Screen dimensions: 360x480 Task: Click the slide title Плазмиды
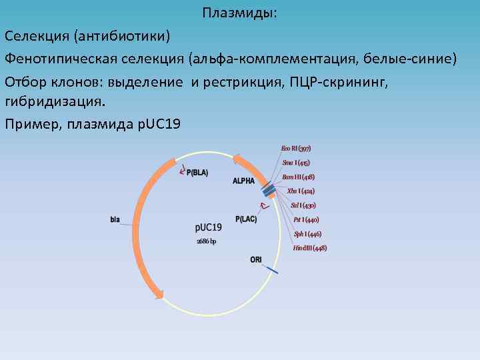[241, 13]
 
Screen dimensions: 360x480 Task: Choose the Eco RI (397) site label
[296, 148]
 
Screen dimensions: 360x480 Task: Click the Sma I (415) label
[295, 163]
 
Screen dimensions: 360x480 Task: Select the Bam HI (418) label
[299, 177]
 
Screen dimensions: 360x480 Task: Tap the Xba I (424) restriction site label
[300, 191]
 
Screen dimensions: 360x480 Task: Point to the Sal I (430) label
[303, 205]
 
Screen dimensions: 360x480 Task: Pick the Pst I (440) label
[306, 219]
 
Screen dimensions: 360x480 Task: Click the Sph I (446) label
[307, 234]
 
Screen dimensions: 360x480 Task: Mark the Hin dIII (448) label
[309, 248]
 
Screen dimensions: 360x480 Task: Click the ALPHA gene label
[244, 181]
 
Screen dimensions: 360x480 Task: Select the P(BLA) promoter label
[197, 173]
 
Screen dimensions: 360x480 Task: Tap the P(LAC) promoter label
[246, 218]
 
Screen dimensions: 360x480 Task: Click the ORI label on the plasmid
[256, 259]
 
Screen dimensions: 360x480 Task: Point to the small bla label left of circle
[115, 218]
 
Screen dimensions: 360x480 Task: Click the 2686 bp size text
[206, 241]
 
